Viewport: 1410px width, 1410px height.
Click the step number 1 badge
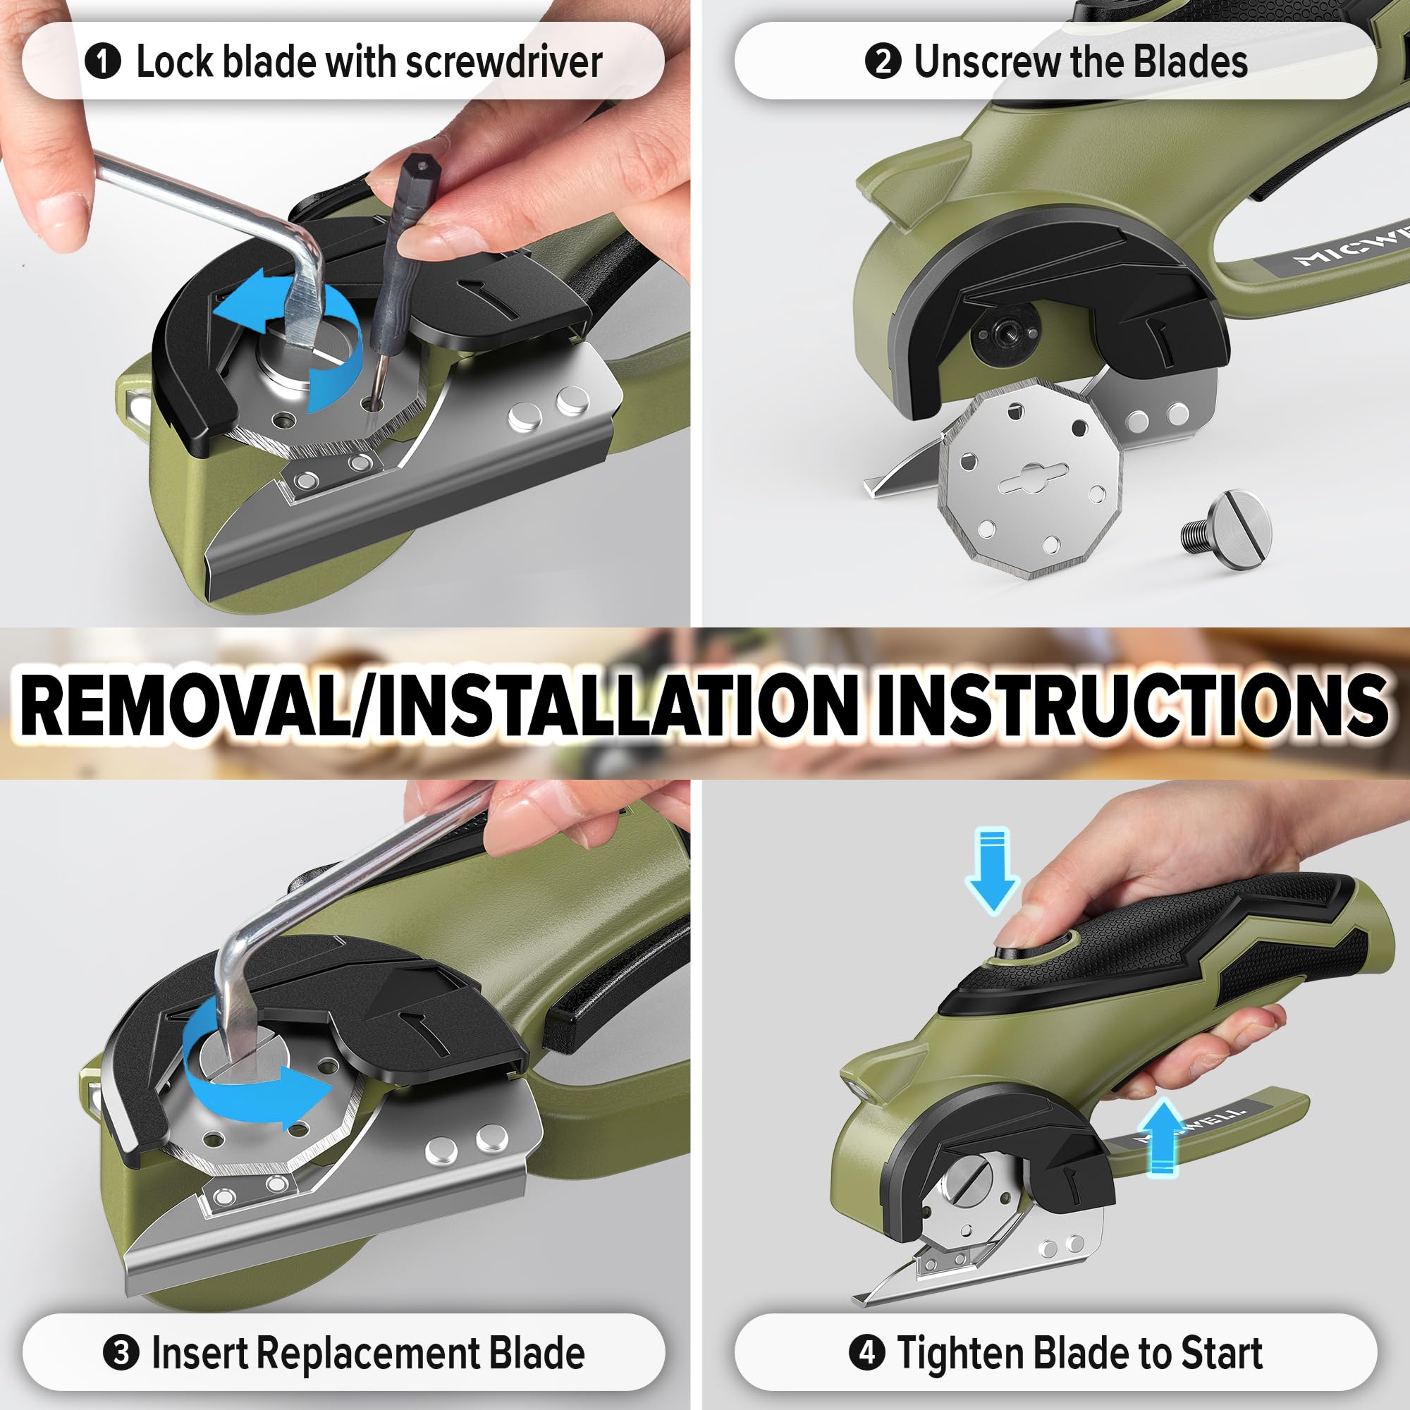coord(103,61)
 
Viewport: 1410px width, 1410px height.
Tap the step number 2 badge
coord(883,61)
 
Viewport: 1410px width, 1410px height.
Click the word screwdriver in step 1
coord(504,62)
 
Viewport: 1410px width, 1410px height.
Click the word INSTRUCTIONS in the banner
coord(1132,705)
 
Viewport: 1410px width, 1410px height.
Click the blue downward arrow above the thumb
coord(992,868)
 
